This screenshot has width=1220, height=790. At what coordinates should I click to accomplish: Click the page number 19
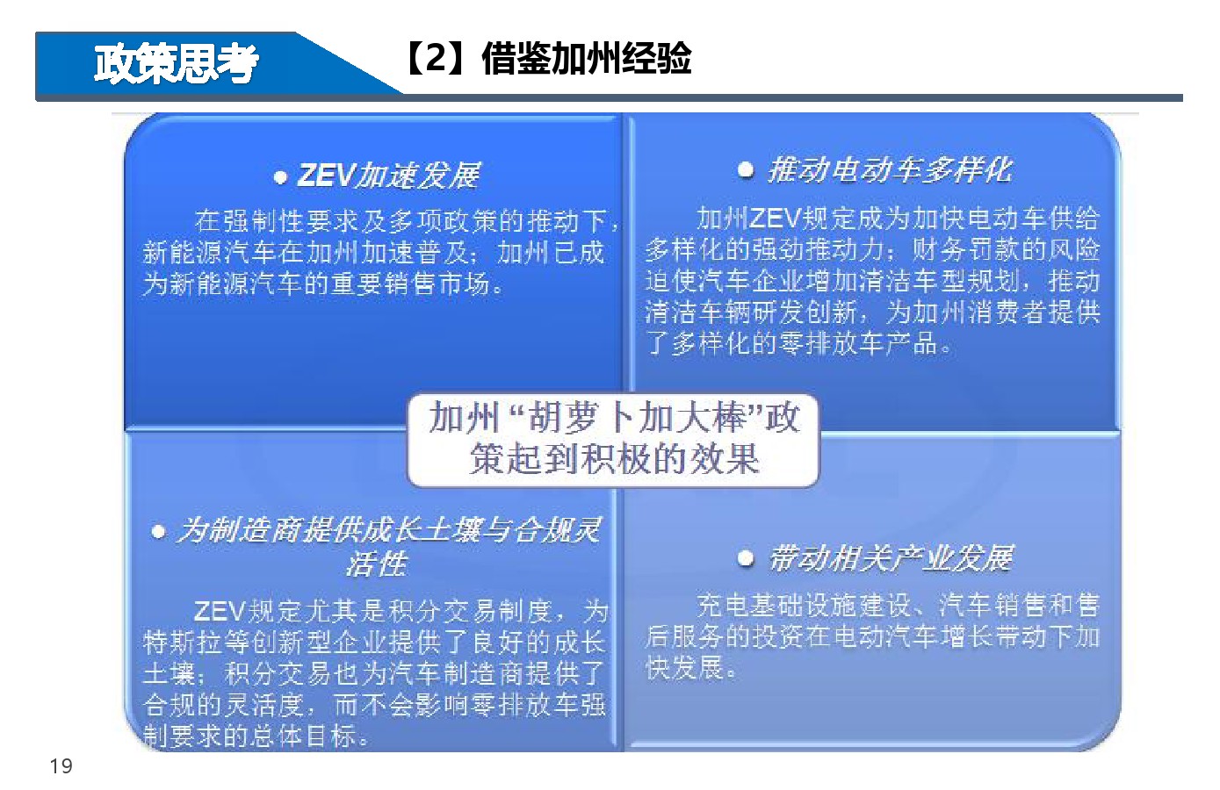(x=61, y=766)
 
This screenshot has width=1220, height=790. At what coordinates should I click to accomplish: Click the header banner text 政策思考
(x=176, y=64)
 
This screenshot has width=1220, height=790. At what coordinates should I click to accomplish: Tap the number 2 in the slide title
(x=436, y=58)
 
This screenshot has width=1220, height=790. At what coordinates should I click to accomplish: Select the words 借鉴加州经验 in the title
(x=587, y=58)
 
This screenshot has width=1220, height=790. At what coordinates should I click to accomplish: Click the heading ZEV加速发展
(x=388, y=176)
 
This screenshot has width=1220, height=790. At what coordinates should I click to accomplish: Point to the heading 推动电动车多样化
(x=890, y=170)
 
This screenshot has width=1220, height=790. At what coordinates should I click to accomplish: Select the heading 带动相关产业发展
(x=891, y=558)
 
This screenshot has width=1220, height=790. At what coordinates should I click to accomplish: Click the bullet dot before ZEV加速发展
(x=280, y=177)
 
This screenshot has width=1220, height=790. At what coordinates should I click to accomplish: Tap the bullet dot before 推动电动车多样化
(x=746, y=170)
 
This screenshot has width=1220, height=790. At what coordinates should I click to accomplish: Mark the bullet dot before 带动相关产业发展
(x=746, y=558)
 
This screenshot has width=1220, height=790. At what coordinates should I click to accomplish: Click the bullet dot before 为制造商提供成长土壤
(x=158, y=532)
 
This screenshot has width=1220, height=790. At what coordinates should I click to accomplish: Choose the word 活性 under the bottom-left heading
(x=376, y=564)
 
